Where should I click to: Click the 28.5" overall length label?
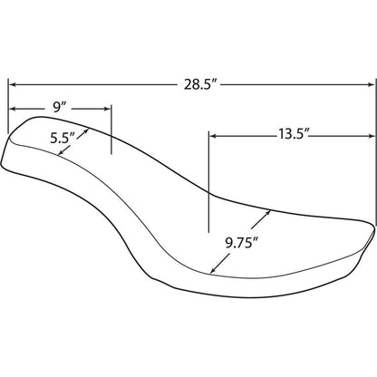pos(199,85)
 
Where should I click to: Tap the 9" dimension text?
pos(61,107)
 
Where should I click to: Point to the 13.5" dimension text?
pos(293,134)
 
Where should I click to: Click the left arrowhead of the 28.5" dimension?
pos(12,85)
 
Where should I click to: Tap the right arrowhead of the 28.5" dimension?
pos(372,85)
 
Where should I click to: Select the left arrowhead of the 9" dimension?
pos(12,107)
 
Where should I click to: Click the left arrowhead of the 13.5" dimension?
pos(213,134)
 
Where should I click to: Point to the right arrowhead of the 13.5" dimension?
pos(372,134)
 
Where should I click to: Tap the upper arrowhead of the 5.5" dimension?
pos(88,130)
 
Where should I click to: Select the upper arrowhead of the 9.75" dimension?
pos(268,212)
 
